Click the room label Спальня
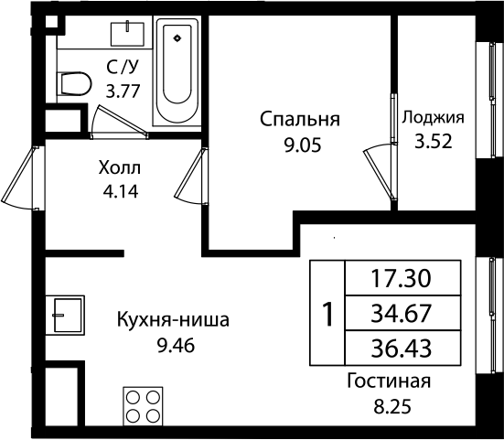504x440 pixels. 300,119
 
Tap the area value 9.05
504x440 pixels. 300,143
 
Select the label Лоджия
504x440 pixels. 434,117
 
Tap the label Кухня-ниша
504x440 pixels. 172,321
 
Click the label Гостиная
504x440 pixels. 389,381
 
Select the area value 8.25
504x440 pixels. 389,404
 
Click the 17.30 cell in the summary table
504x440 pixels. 401,276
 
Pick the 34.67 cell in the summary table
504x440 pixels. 401,314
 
